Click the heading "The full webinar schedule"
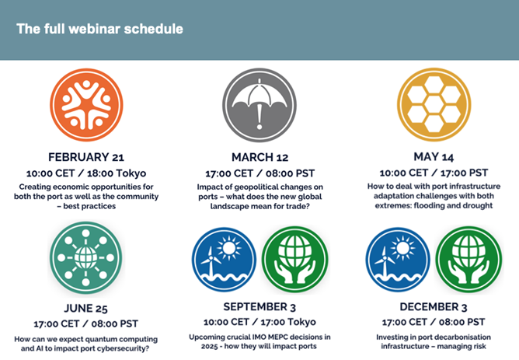coord(99,29)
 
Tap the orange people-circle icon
coord(86,105)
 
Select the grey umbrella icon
coord(259,105)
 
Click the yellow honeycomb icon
coord(434,105)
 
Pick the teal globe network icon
coord(86,257)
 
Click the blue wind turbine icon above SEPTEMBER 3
coord(224,260)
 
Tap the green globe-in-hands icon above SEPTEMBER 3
coord(294,260)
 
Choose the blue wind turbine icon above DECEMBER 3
coord(399,260)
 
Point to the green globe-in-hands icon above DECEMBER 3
coord(468,260)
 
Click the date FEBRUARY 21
coord(86,157)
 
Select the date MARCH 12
coord(259,157)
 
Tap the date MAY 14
coord(434,156)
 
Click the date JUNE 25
coord(85,309)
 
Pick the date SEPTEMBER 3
coord(259,307)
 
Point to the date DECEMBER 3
coord(434,307)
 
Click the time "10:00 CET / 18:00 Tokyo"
coord(86,173)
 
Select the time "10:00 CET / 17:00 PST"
coord(434,173)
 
